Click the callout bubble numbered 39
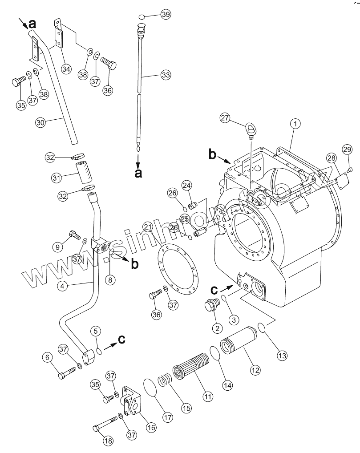[166, 15]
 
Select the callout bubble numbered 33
[166, 76]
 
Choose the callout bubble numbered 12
[255, 369]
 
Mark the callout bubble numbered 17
[167, 417]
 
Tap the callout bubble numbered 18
[108, 441]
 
